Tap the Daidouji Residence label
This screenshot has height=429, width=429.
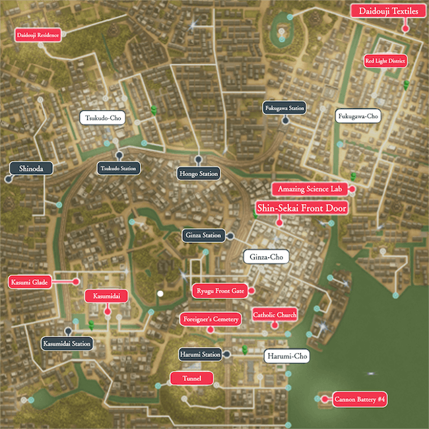38,35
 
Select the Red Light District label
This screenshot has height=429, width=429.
385,61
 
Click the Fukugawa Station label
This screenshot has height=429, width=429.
284,108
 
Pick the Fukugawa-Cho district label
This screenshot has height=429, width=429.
358,116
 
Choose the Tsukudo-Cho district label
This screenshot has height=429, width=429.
102,118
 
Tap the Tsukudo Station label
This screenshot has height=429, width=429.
119,168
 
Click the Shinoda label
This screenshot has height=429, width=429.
31,168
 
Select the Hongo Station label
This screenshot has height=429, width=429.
198,174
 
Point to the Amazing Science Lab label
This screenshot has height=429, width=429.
310,189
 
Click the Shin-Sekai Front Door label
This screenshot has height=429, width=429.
301,208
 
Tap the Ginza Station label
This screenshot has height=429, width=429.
203,235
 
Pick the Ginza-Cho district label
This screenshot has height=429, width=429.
266,257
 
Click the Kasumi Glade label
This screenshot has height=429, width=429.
30,282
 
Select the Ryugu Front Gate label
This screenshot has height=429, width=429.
220,290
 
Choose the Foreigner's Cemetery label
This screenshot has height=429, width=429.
210,319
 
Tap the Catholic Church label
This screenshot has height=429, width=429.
275,315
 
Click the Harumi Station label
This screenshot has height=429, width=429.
200,354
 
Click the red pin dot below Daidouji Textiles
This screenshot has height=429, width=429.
405,28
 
